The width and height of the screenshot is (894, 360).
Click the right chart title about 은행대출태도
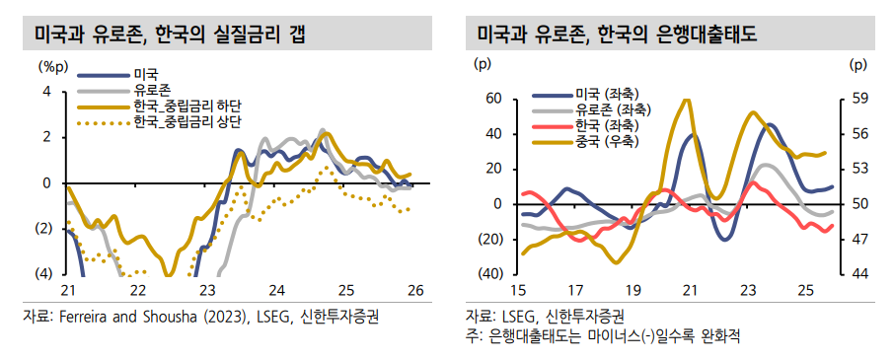click(617, 36)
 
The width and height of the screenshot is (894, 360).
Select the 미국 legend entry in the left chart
click(145, 74)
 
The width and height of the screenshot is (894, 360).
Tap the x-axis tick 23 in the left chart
click(207, 290)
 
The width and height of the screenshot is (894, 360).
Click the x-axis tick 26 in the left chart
click(414, 290)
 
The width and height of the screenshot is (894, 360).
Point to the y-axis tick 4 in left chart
click(45, 91)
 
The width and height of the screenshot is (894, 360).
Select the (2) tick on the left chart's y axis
click(42, 229)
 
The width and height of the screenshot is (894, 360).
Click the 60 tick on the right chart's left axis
click(493, 99)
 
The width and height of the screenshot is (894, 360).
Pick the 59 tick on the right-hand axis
click(857, 99)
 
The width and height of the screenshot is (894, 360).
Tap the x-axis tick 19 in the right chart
click(633, 290)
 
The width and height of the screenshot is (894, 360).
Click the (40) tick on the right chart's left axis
click(490, 273)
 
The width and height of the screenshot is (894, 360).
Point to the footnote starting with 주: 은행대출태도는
click(603, 335)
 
